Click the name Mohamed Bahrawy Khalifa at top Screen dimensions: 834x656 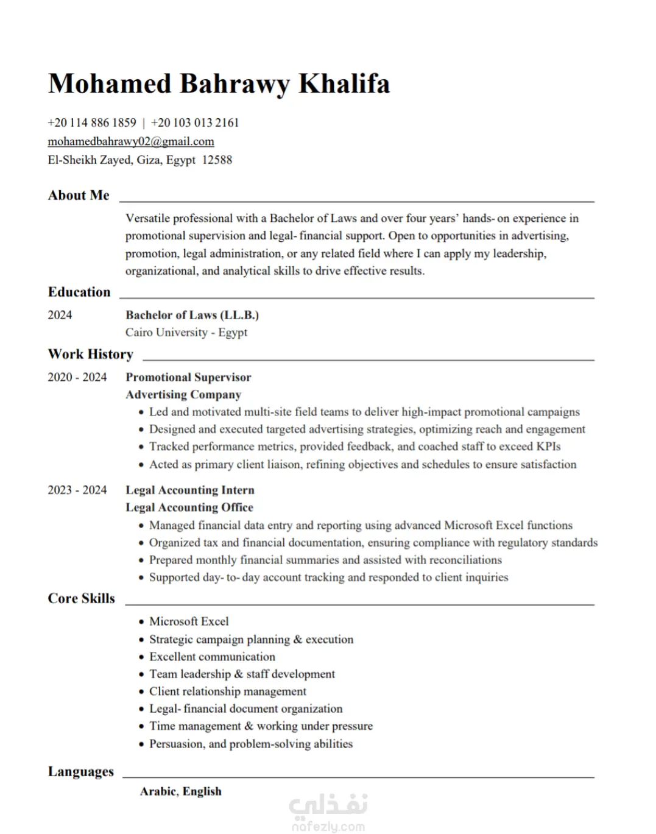[219, 83]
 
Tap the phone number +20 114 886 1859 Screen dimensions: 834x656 [92, 122]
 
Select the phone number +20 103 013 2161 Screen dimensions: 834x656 [195, 122]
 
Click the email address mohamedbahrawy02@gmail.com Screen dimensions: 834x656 [131, 141]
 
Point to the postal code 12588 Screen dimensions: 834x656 [217, 160]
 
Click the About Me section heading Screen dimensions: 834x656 [79, 195]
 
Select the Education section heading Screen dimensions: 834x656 [79, 292]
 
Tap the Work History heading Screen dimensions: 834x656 [90, 354]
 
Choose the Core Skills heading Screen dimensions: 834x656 [81, 598]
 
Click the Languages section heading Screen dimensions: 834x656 [80, 771]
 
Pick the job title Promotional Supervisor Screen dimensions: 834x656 [188, 377]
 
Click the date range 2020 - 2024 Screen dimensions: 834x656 [77, 377]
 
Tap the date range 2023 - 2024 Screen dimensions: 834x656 [77, 490]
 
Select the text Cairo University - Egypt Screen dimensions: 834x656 [186, 332]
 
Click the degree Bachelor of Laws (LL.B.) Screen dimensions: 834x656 [192, 315]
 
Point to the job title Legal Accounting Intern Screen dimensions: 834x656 [190, 490]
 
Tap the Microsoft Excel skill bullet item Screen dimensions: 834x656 [189, 621]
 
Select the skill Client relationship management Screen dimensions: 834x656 [228, 691]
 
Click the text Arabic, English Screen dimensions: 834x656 [180, 791]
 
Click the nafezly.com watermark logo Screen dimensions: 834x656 [328, 813]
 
